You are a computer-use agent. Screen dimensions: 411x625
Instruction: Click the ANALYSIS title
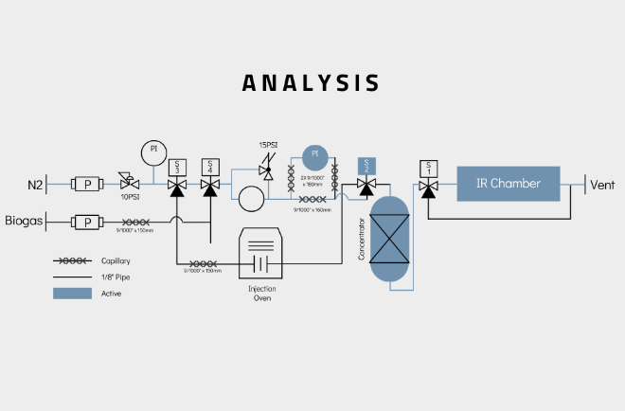tap(311, 82)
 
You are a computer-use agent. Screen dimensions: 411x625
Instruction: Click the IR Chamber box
tap(508, 183)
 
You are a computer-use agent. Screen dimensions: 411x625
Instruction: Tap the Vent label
tap(602, 185)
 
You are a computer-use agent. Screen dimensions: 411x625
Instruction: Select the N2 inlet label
tap(34, 185)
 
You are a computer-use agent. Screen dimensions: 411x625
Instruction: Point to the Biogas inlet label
tap(24, 222)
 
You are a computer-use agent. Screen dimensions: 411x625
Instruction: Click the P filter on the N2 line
tap(88, 185)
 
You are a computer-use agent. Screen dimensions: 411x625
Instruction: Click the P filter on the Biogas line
tap(88, 222)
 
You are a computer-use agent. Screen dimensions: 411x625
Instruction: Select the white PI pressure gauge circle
tap(152, 151)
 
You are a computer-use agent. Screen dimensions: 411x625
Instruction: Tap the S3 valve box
tap(176, 167)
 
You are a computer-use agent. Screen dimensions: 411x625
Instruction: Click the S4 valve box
tap(209, 167)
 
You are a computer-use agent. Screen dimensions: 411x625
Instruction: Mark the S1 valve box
tap(428, 167)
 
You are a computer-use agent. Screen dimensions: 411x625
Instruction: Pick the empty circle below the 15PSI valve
tap(252, 199)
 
